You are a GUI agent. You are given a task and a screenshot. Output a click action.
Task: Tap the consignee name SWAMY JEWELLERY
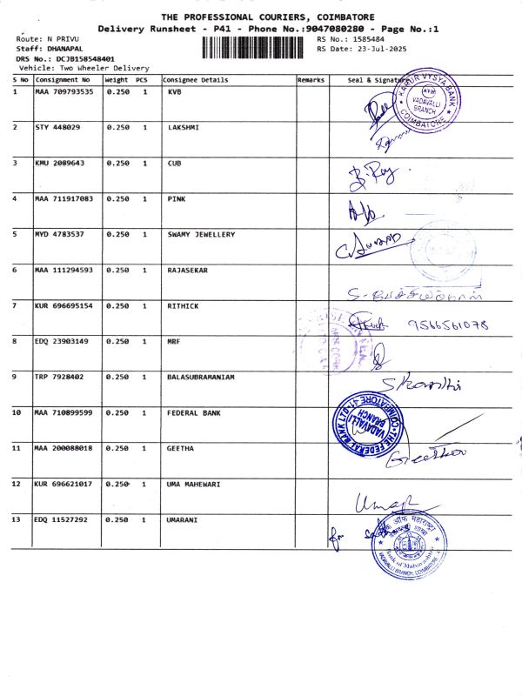coord(200,234)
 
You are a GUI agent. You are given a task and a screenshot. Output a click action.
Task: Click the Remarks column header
coord(311,80)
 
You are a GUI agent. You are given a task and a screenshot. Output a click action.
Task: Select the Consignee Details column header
coord(195,80)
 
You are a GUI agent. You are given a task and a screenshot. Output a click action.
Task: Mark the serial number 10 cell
coord(17,412)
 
